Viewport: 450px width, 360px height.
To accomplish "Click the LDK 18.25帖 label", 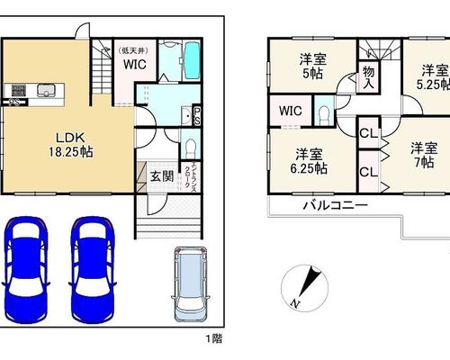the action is [71, 145].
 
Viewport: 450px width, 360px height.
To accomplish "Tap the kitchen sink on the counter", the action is [46, 90].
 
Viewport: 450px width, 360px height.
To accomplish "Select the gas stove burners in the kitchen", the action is [19, 90].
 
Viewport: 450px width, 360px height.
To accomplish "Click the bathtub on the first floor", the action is [192, 60].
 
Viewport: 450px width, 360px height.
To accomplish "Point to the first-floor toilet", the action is [190, 148].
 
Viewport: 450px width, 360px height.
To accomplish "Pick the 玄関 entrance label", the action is [162, 176].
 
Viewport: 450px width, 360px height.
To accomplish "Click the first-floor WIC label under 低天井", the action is [135, 64].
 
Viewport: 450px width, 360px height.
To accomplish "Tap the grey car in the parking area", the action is [191, 284].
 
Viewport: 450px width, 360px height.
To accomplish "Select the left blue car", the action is [26, 270].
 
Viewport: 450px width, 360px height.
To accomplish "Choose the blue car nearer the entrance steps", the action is [93, 270].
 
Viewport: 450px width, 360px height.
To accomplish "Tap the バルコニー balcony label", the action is [336, 205].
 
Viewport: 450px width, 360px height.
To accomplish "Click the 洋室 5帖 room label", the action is [312, 66].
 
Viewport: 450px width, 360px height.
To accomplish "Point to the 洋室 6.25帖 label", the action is [309, 161].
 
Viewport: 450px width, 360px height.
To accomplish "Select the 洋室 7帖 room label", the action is [424, 155].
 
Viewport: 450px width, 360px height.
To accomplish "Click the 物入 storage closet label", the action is [369, 77].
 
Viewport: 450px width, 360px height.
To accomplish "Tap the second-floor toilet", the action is [324, 114].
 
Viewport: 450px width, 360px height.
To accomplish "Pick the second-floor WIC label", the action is [291, 111].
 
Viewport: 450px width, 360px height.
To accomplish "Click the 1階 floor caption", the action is [214, 338].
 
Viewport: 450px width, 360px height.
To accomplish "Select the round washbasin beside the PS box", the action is [187, 116].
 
